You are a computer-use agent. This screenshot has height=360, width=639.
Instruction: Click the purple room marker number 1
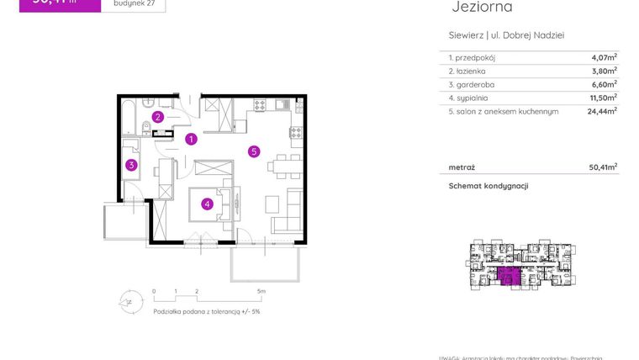click(191, 139)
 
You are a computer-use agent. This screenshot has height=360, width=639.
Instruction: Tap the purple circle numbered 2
click(157, 117)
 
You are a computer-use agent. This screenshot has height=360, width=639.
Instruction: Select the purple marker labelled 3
click(131, 165)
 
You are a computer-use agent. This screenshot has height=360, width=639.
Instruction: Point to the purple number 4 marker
click(206, 203)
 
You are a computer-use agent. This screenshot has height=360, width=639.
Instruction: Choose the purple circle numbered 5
click(253, 151)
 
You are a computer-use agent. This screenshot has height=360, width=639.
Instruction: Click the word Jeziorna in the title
click(482, 8)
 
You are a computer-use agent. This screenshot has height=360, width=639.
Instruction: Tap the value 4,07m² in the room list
click(604, 57)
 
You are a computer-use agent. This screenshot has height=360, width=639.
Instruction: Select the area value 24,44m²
click(602, 110)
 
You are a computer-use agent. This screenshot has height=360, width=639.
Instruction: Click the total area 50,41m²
click(604, 167)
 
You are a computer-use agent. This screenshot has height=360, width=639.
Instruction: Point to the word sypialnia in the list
click(474, 97)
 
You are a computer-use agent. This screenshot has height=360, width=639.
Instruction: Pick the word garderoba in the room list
click(476, 83)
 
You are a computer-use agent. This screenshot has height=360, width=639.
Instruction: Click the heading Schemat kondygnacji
click(488, 186)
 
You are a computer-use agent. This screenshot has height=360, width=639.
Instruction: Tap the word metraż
click(461, 167)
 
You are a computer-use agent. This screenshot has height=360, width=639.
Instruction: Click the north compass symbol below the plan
click(128, 299)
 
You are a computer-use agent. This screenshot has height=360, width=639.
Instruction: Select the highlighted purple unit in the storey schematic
click(508, 274)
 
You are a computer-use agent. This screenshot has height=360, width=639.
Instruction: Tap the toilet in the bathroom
click(148, 128)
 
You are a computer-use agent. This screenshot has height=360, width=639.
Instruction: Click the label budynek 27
click(132, 3)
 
